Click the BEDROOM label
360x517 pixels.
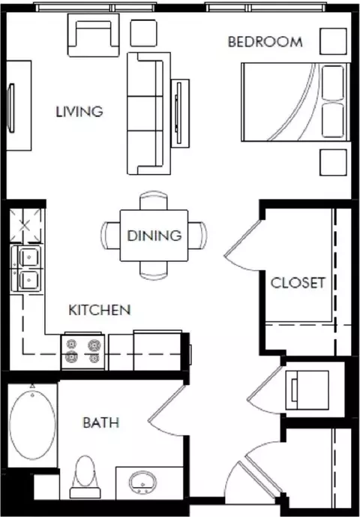click(x=265, y=42)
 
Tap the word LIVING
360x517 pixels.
click(x=79, y=112)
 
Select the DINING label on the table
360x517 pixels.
click(x=154, y=236)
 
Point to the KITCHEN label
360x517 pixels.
click(x=100, y=310)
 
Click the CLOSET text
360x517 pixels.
click(x=298, y=283)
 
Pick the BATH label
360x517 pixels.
click(x=101, y=422)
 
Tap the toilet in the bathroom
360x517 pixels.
click(x=85, y=476)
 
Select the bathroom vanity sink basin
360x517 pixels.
click(x=142, y=482)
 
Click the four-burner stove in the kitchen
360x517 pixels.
click(x=82, y=351)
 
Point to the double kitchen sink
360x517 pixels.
click(x=26, y=269)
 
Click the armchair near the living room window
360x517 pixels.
click(x=93, y=35)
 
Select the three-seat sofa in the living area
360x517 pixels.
click(x=148, y=113)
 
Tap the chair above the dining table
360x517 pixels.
click(x=154, y=200)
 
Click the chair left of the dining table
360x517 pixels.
click(x=110, y=235)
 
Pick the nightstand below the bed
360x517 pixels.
click(x=333, y=162)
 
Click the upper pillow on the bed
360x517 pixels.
click(x=333, y=83)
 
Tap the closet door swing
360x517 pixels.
click(x=243, y=245)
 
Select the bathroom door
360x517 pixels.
click(x=166, y=410)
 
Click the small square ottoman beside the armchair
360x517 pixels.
click(x=143, y=33)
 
